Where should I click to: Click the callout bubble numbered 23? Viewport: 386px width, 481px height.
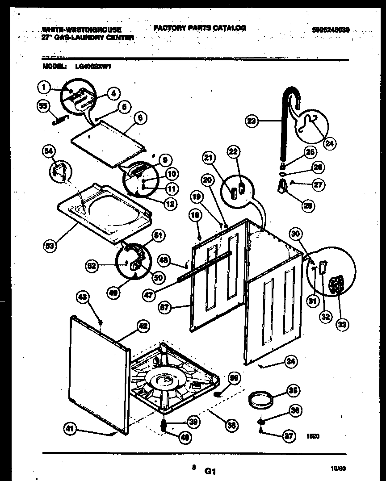(x=252, y=120)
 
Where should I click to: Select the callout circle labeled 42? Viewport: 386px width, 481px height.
(x=142, y=326)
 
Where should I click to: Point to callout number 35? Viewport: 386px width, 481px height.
(x=292, y=390)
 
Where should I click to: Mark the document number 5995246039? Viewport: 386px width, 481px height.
(x=331, y=30)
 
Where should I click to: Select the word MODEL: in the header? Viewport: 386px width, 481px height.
(x=55, y=66)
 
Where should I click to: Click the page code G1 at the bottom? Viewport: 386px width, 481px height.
(x=210, y=471)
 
